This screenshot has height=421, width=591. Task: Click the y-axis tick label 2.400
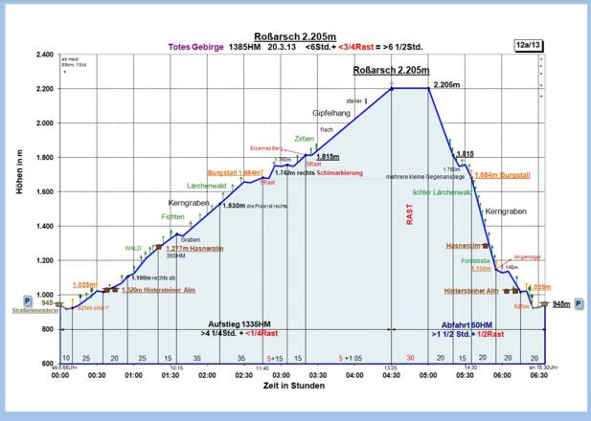coord(44,55)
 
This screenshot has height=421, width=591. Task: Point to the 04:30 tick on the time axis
coord(392,376)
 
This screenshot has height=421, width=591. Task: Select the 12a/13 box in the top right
coord(528,44)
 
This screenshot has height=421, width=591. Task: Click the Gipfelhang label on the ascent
coord(332,113)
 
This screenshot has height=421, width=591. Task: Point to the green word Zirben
coord(304,139)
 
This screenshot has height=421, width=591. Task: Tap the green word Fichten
coord(172,217)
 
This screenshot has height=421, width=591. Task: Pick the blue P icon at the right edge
coord(579,303)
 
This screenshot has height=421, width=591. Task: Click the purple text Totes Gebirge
coord(195,45)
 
